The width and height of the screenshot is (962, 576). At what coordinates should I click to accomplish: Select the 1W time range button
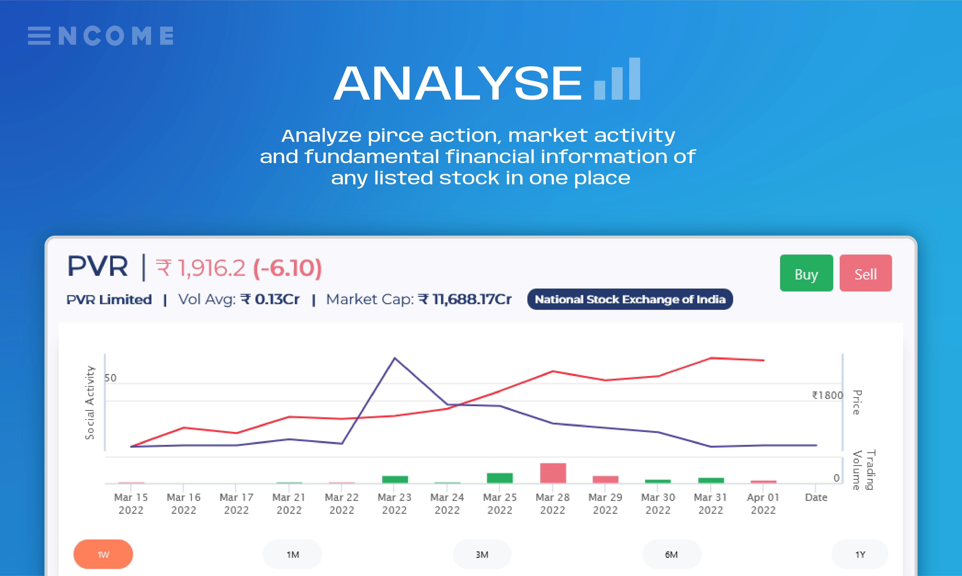tap(103, 554)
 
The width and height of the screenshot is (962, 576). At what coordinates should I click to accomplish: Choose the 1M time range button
tap(293, 554)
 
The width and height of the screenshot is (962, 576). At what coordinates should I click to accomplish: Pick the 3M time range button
tap(482, 554)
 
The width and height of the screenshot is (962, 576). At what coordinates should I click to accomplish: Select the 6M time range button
tap(671, 554)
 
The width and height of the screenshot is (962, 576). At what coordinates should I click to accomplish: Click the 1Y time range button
tap(860, 554)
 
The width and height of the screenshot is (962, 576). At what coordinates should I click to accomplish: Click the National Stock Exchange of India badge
tap(630, 299)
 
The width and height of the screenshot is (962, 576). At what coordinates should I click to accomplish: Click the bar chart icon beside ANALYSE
tap(617, 79)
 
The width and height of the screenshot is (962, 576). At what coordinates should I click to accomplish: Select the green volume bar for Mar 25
tap(500, 478)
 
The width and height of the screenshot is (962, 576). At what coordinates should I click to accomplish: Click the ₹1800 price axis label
tap(827, 395)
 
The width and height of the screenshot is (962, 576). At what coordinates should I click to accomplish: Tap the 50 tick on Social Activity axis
tap(110, 378)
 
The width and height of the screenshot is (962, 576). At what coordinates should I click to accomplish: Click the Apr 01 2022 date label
tap(763, 503)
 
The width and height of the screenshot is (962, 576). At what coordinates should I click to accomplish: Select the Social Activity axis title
tap(90, 403)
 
